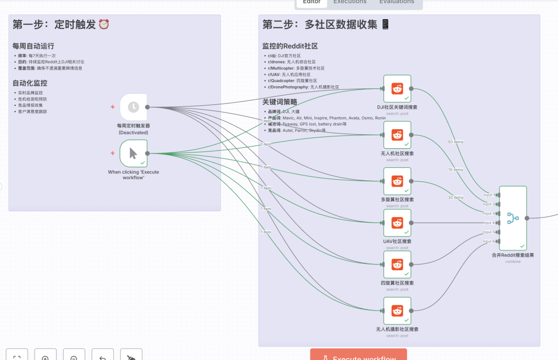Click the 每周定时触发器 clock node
pyautogui.click(x=133, y=107)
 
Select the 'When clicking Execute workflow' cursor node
pyautogui.click(x=133, y=153)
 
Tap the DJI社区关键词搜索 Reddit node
pyautogui.click(x=397, y=88)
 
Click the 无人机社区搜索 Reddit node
pyautogui.click(x=397, y=135)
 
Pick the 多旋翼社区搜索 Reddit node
pyautogui.click(x=397, y=181)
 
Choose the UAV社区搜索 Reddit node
pyautogui.click(x=397, y=223)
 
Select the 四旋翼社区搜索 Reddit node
pyautogui.click(x=397, y=264)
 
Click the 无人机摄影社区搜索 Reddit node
pyautogui.click(x=397, y=310)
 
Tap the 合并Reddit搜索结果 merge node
pyautogui.click(x=513, y=218)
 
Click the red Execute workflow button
pyautogui.click(x=359, y=356)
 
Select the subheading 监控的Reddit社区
pyautogui.click(x=290, y=46)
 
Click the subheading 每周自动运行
pyautogui.click(x=34, y=46)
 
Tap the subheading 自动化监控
pyautogui.click(x=30, y=83)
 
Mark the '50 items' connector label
pyautogui.click(x=456, y=142)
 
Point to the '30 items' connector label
pyautogui.click(x=456, y=197)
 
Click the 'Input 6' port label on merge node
pyautogui.click(x=488, y=241)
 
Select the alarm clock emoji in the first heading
pyautogui.click(x=104, y=24)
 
